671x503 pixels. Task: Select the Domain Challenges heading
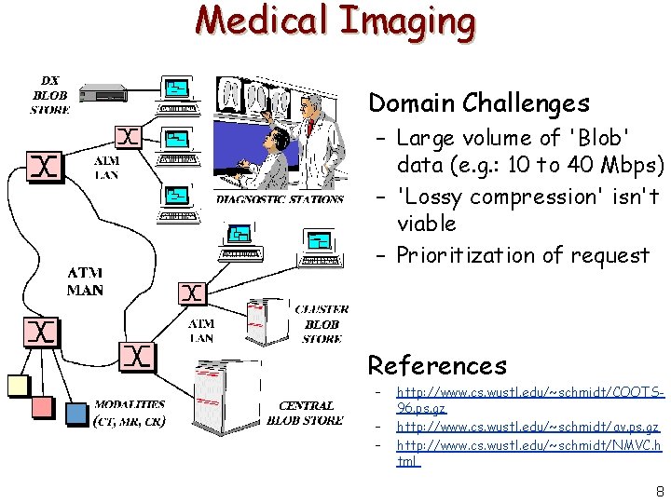coord(479,102)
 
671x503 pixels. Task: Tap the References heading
coord(437,365)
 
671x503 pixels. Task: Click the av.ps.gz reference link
coord(528,427)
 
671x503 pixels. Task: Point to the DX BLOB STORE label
coord(50,95)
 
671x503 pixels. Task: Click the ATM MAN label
coord(85,281)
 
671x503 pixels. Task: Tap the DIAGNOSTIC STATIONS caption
coord(280,199)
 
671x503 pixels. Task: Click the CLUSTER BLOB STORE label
coord(322,323)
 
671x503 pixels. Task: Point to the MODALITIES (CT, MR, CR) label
coord(130,413)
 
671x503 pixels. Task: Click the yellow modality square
coord(19,385)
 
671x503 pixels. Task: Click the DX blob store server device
coord(103,92)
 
